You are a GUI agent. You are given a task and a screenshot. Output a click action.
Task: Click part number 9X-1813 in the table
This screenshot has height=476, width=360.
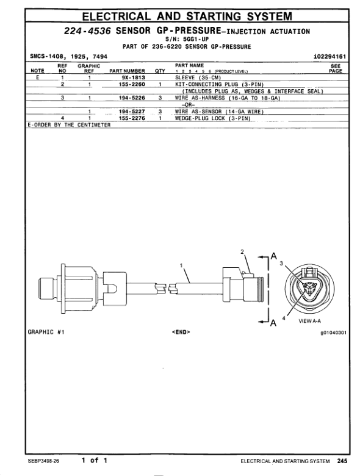(x=133, y=78)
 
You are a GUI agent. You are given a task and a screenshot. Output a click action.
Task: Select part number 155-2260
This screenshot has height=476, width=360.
(x=132, y=84)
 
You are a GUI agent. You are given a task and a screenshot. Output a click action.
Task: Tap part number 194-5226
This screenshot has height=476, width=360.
(x=132, y=98)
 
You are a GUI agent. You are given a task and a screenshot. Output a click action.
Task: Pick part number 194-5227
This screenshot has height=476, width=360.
(x=132, y=112)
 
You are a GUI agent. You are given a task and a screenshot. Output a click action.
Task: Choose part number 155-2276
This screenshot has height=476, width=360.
(x=132, y=118)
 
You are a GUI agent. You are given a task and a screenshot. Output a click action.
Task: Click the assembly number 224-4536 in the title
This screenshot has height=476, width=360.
(x=87, y=31)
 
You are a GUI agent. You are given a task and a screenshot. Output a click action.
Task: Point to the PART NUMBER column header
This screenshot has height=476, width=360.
(x=127, y=71)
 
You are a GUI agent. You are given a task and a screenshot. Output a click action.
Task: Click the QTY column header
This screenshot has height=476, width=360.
(x=160, y=71)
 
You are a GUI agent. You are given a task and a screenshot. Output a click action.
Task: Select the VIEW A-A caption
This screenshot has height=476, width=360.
(x=309, y=321)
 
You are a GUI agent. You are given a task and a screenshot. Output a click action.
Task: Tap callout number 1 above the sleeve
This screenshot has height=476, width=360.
(x=181, y=265)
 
